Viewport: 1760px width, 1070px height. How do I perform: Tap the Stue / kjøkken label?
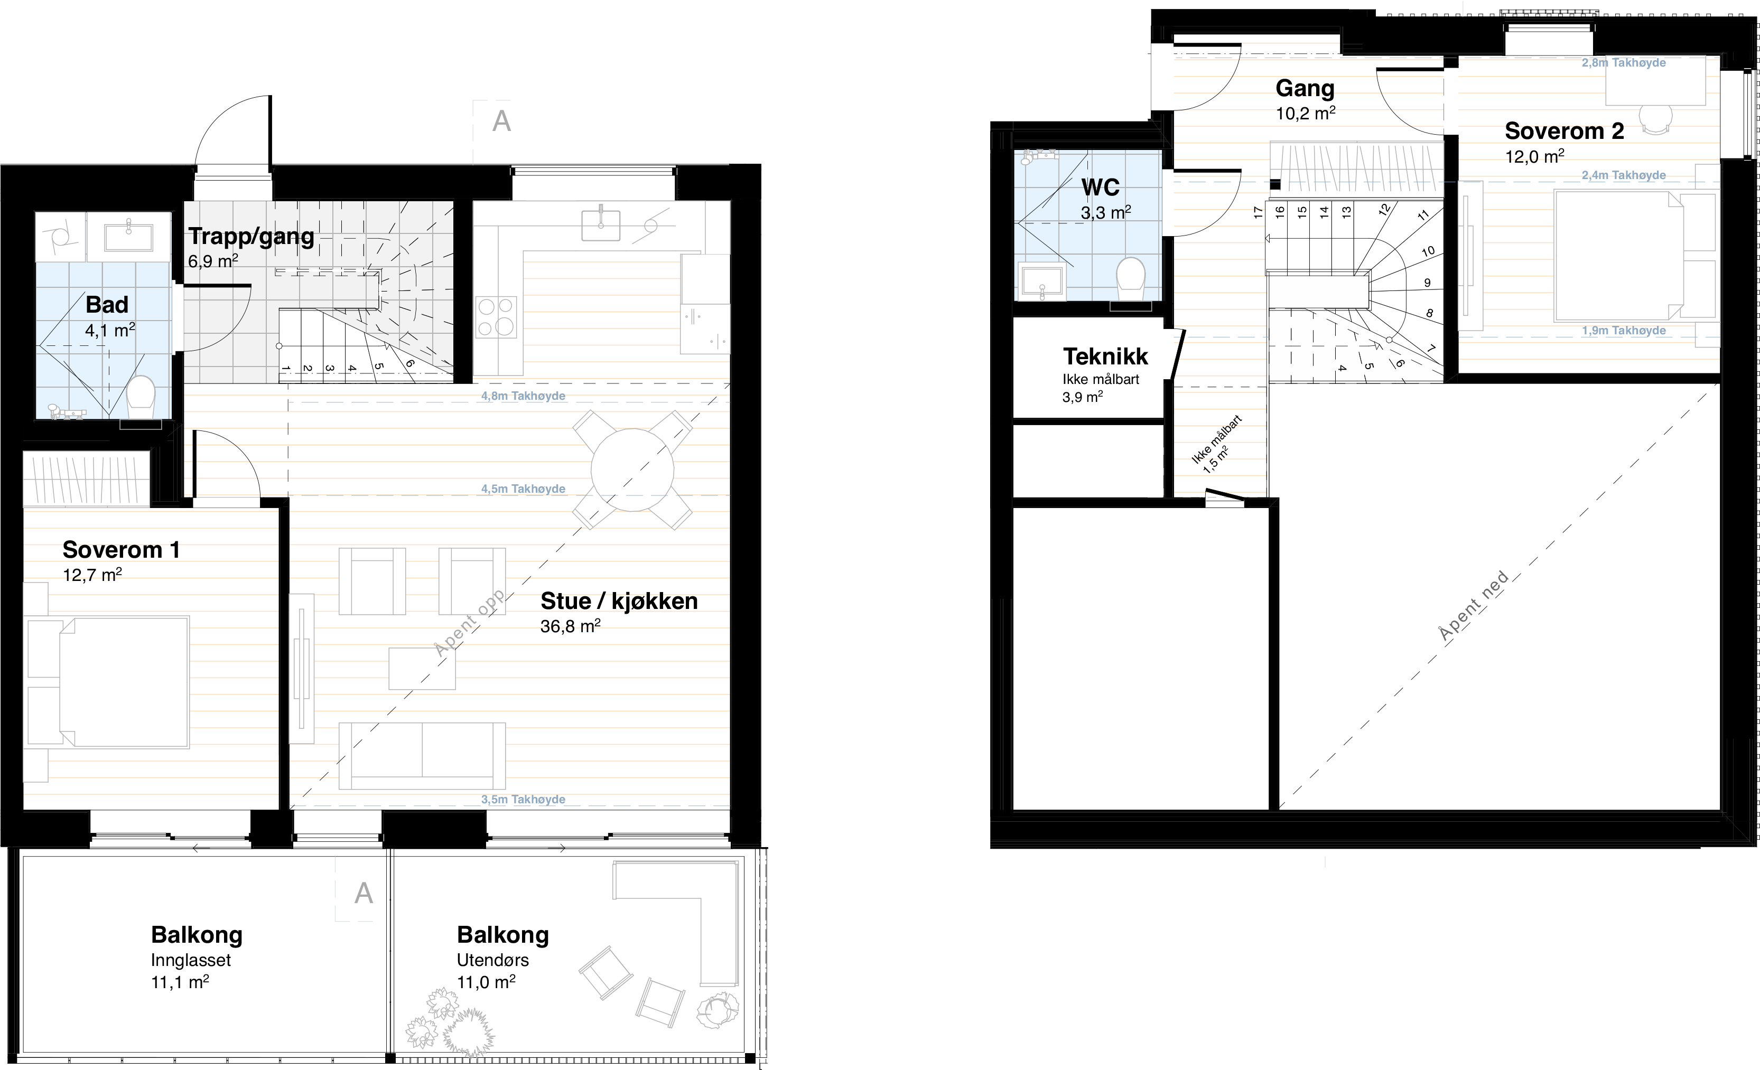(x=619, y=601)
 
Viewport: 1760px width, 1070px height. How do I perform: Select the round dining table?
(x=632, y=470)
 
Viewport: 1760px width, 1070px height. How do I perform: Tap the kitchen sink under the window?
(x=600, y=223)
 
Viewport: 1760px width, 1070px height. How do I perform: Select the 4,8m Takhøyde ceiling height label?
(x=523, y=396)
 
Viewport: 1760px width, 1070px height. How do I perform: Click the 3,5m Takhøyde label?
(x=523, y=800)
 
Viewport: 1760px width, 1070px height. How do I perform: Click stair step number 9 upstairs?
(x=1427, y=283)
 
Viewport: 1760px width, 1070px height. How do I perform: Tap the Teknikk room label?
(x=1105, y=355)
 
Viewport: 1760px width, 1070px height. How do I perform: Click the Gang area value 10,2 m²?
(x=1306, y=113)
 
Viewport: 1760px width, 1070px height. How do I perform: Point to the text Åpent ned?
(x=1474, y=606)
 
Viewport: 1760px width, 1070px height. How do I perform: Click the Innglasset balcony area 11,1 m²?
(x=180, y=982)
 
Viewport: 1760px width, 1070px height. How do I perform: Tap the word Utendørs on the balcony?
(x=493, y=960)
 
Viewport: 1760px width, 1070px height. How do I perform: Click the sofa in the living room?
(x=422, y=756)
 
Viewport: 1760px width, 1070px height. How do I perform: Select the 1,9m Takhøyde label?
(x=1624, y=331)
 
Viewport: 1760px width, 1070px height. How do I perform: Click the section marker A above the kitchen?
(x=501, y=121)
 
